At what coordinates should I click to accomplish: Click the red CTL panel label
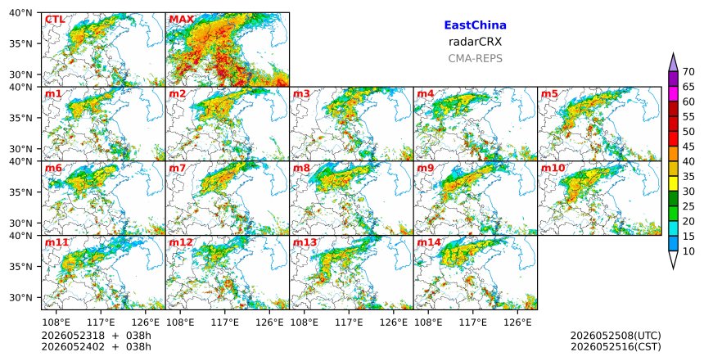pyautogui.click(x=55, y=20)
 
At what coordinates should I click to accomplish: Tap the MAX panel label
pyautogui.click(x=182, y=20)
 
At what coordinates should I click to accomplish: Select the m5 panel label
pyautogui.click(x=549, y=94)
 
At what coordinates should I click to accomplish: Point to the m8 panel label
pyautogui.click(x=301, y=169)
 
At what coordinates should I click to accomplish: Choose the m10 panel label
pyautogui.click(x=553, y=169)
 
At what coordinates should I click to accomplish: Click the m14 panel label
pyautogui.click(x=429, y=243)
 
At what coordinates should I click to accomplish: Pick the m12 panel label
pyautogui.click(x=180, y=243)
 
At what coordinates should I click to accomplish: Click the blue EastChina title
pyautogui.click(x=475, y=25)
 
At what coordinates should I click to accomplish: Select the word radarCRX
pyautogui.click(x=475, y=42)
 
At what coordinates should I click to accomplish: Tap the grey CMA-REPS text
pyautogui.click(x=475, y=58)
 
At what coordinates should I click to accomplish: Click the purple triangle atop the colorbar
pyautogui.click(x=673, y=63)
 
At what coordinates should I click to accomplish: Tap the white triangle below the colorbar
pyautogui.click(x=673, y=259)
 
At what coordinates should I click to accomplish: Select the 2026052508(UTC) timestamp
pyautogui.click(x=616, y=336)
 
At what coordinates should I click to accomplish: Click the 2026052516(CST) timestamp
pyautogui.click(x=616, y=347)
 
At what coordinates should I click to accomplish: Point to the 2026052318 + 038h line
pyautogui.click(x=96, y=336)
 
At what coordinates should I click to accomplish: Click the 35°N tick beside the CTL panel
pyautogui.click(x=20, y=43)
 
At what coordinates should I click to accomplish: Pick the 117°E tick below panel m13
pyautogui.click(x=350, y=323)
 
